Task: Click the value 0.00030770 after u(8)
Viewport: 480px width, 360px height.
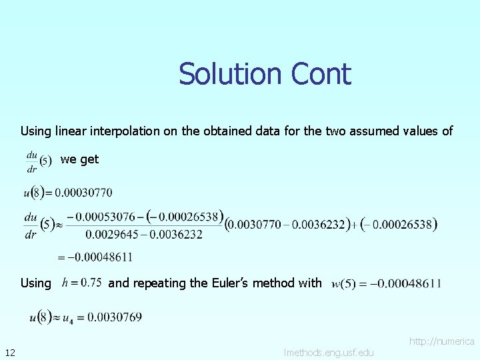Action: point(83,193)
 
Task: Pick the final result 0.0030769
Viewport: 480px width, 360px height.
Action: point(115,317)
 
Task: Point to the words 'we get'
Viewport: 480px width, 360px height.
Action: point(79,159)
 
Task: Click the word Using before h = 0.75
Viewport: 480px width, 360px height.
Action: point(35,283)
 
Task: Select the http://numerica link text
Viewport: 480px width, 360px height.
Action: point(441,341)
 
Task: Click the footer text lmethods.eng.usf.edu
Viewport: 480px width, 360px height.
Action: point(329,352)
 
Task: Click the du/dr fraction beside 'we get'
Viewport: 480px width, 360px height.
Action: point(32,161)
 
